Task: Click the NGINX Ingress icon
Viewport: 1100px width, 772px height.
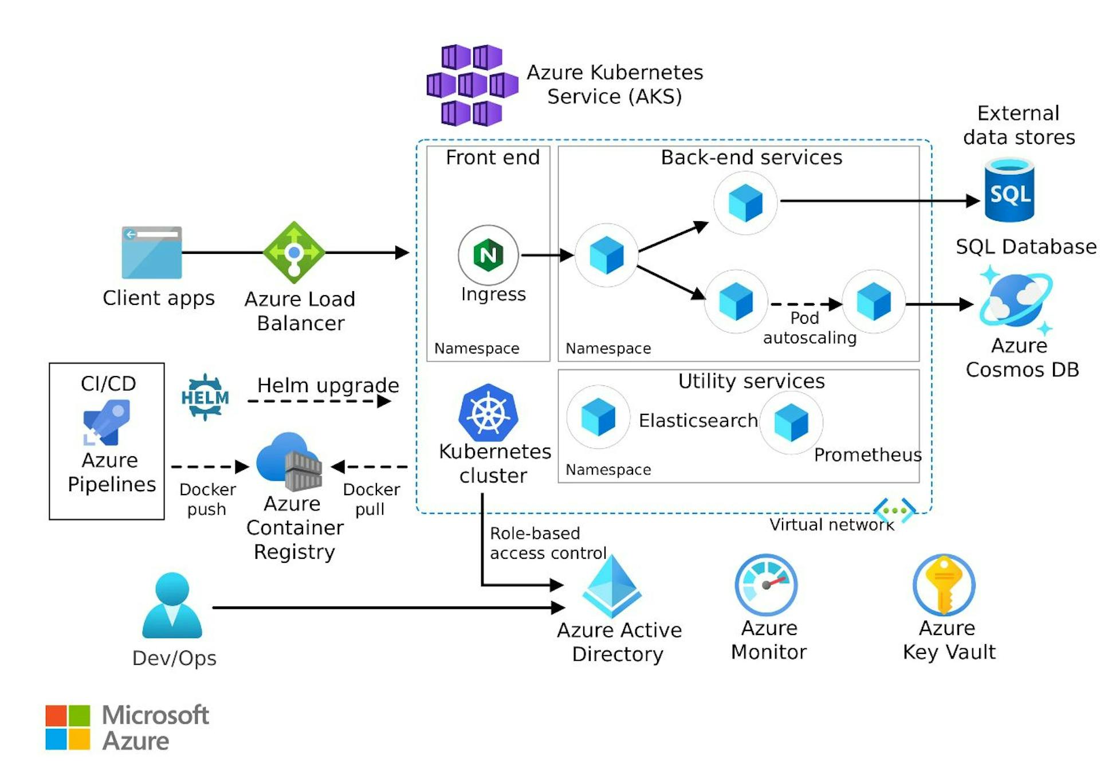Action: click(x=488, y=255)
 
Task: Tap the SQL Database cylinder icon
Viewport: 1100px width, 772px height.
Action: click(x=1009, y=191)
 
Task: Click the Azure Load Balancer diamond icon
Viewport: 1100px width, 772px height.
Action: click(x=294, y=252)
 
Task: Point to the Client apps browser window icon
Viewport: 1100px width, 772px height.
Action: click(x=152, y=252)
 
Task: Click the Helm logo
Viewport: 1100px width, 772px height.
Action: click(x=205, y=397)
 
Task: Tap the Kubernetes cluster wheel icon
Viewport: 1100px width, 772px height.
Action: click(x=488, y=412)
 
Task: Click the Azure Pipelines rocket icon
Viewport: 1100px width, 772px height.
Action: click(x=107, y=422)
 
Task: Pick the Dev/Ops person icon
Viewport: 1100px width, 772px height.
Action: click(x=172, y=605)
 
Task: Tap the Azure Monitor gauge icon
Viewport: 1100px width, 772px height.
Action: click(x=766, y=585)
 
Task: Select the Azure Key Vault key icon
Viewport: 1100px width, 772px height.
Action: click(x=944, y=585)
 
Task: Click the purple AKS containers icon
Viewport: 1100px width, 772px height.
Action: click(x=472, y=85)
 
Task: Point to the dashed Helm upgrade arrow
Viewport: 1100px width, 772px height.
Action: click(x=319, y=401)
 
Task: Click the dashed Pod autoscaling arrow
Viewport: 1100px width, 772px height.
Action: click(x=805, y=304)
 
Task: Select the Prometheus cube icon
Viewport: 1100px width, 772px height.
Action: click(x=791, y=422)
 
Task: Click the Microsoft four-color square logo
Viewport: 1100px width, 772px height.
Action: click(x=68, y=727)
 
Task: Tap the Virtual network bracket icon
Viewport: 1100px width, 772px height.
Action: click(x=894, y=510)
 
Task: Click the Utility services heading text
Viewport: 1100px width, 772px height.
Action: click(x=751, y=381)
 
